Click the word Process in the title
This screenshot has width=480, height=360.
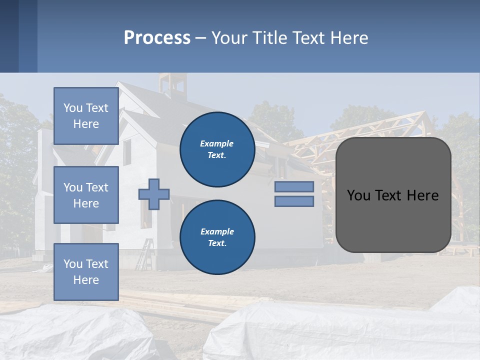(x=157, y=38)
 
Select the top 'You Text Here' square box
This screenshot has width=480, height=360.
(x=86, y=116)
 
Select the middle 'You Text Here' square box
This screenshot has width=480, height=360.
(x=86, y=195)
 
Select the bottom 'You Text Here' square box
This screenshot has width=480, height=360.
(x=86, y=271)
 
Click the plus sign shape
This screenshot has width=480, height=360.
(x=154, y=194)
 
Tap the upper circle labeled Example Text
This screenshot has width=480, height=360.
(x=217, y=149)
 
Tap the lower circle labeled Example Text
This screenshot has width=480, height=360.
(x=217, y=237)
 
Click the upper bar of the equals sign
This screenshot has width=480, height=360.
(x=294, y=186)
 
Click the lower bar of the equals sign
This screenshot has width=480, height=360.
(x=294, y=201)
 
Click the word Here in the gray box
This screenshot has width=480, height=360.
(x=422, y=195)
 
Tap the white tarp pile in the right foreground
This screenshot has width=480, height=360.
(x=350, y=330)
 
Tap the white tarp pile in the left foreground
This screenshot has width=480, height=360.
(x=75, y=332)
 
